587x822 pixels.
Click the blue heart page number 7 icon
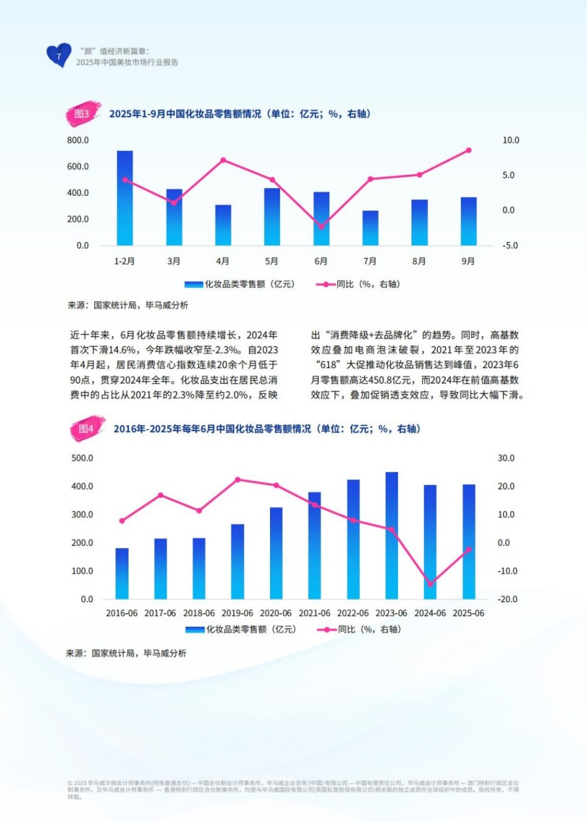pos(59,56)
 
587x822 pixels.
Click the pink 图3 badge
pos(83,114)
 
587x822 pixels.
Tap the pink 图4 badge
pos(87,429)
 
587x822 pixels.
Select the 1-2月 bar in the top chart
pos(125,198)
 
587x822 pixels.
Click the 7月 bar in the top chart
pos(370,228)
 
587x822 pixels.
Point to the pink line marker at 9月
pos(468,150)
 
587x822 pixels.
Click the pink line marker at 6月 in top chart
pos(321,227)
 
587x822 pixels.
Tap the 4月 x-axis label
pos(222,261)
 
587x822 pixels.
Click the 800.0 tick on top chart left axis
pos(78,140)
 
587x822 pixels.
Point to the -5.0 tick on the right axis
pos(510,245)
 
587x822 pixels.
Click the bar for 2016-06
pos(122,573)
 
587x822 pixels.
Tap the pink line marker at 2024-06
pos(430,584)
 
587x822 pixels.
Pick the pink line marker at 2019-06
pos(237,480)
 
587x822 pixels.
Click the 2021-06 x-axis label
pos(314,613)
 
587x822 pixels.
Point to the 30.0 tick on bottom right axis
pos(506,458)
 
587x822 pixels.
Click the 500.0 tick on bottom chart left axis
pos(82,458)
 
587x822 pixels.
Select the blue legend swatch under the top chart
pos(194,284)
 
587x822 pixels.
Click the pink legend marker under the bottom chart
pos(326,629)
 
